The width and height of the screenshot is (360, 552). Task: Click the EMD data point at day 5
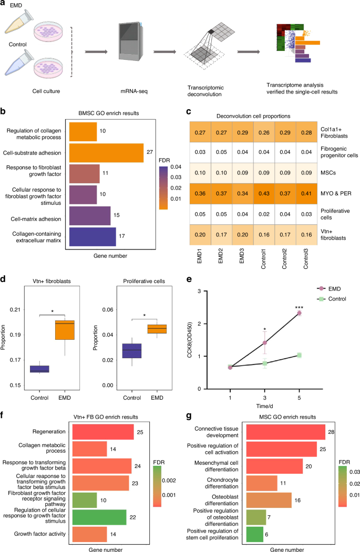(x=300, y=313)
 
